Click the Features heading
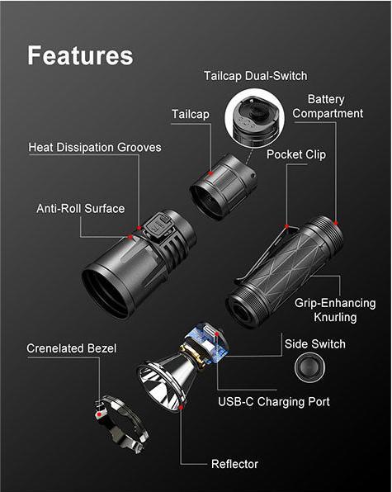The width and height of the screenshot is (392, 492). coord(80,55)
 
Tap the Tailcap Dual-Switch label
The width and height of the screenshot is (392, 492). coord(255,76)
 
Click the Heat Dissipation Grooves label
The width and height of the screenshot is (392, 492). coord(95,147)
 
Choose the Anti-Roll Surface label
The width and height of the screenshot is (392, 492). coord(80,208)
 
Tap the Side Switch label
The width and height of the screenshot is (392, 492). coord(314,343)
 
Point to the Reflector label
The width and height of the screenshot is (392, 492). coord(234,464)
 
